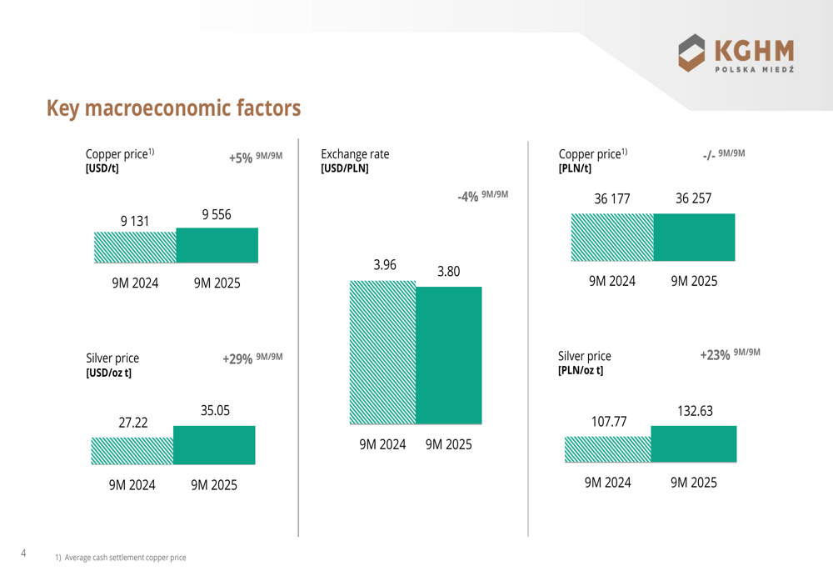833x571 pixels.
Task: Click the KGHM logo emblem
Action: (x=694, y=53)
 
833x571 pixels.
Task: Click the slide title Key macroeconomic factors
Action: (x=173, y=108)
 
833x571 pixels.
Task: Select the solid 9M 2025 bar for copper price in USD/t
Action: (x=217, y=245)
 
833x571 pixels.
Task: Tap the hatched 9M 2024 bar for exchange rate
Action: (x=382, y=353)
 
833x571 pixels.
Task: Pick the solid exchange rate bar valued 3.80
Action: (x=448, y=356)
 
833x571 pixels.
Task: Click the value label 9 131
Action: (x=135, y=221)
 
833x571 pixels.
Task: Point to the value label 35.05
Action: (x=215, y=410)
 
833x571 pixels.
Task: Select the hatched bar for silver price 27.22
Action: (x=132, y=451)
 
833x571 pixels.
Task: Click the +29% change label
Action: (x=237, y=359)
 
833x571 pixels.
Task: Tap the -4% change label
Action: (x=467, y=197)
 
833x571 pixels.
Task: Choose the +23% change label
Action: (x=716, y=354)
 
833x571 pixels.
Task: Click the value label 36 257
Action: (x=694, y=199)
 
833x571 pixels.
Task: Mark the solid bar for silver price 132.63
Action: (x=693, y=443)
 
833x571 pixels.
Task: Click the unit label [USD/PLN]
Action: (x=345, y=168)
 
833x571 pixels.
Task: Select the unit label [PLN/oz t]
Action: (x=581, y=370)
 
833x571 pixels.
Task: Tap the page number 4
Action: (x=22, y=553)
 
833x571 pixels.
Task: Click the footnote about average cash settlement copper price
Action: (x=121, y=557)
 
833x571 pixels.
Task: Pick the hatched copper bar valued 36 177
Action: (x=612, y=237)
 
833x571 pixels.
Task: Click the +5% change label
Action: (x=241, y=158)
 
